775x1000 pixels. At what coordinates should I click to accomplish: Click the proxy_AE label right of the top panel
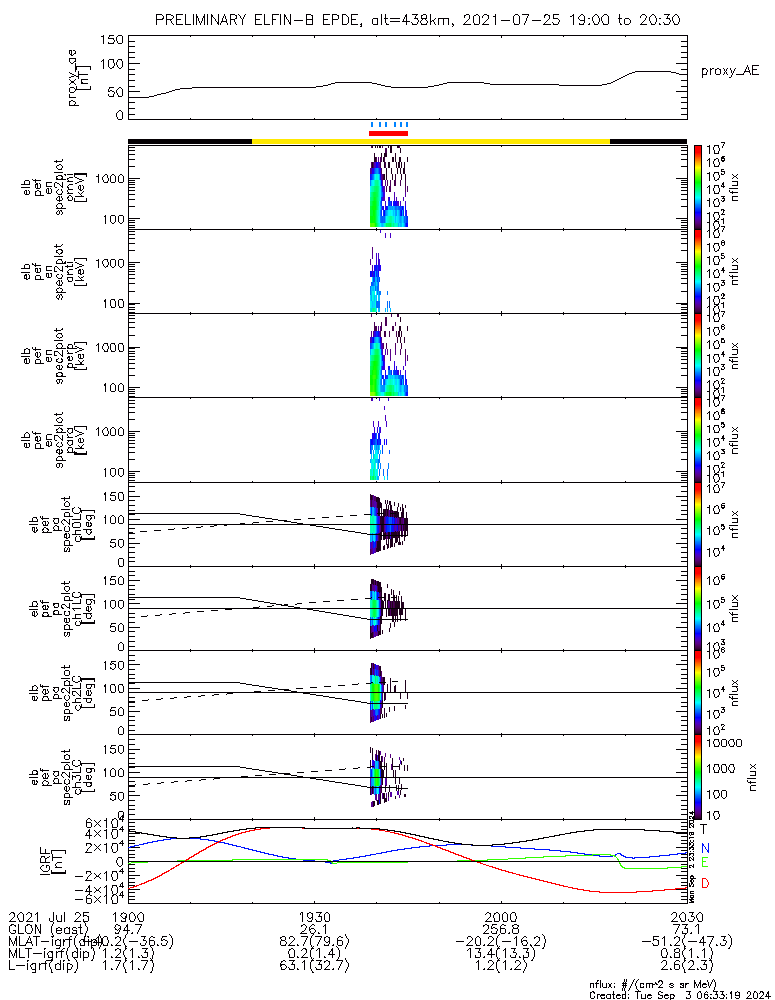(729, 71)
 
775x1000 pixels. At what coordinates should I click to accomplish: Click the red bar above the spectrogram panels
(388, 133)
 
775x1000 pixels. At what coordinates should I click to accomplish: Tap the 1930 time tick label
(315, 916)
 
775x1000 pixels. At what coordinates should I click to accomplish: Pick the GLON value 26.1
(315, 929)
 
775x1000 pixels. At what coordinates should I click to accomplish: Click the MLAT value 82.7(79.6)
(315, 942)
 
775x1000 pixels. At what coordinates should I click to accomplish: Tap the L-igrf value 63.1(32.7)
(315, 968)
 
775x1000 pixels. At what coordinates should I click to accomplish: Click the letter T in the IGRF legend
(704, 829)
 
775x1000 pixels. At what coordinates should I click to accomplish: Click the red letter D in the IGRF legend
(704, 884)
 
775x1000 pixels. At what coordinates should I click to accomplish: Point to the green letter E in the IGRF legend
(704, 862)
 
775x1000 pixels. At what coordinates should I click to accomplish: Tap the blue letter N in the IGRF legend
(704, 848)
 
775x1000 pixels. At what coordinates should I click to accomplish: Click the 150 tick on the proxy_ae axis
(112, 40)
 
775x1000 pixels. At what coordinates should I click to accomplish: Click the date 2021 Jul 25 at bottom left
(45, 916)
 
